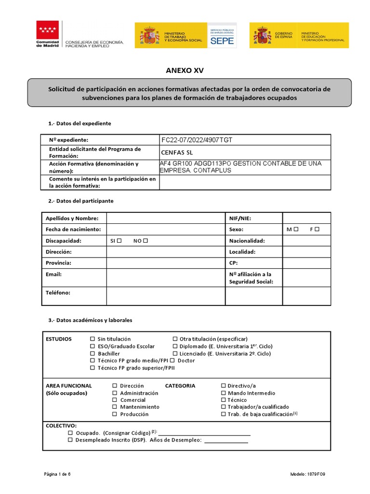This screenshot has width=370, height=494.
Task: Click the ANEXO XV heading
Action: click(185, 70)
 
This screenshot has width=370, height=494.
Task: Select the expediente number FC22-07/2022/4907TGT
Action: click(197, 140)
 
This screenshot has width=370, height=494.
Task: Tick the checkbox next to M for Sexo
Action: click(296, 230)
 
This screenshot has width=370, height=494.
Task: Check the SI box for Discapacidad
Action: click(119, 241)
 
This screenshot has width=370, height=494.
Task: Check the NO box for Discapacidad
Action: click(145, 241)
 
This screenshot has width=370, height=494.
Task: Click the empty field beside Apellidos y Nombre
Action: click(166, 219)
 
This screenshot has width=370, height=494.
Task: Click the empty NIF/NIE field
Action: click(306, 219)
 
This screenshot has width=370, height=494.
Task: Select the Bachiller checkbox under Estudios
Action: click(93, 354)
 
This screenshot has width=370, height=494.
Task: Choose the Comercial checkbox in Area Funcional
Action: click(115, 400)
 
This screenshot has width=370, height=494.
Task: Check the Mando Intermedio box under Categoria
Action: click(224, 393)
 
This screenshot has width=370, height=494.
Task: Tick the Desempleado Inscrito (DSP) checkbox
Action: click(70, 440)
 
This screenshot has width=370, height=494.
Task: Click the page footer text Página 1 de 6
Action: click(57, 474)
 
